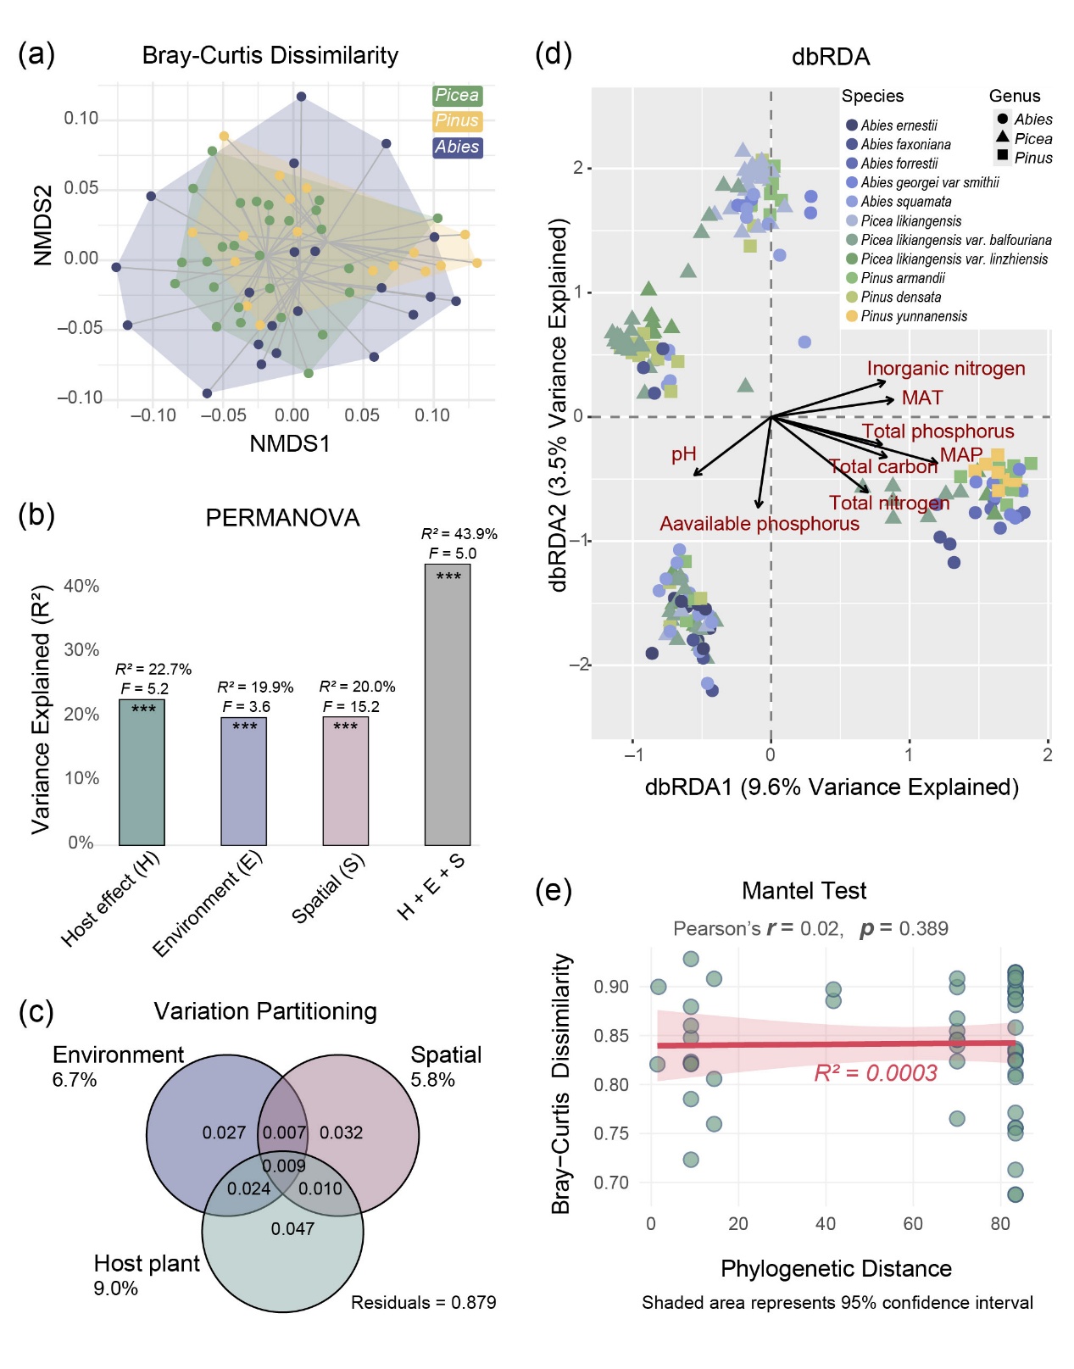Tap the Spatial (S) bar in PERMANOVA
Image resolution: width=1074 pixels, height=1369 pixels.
(x=345, y=781)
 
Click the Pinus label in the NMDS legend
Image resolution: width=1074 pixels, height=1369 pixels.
(x=457, y=121)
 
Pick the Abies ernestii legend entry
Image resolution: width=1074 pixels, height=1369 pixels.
(x=899, y=125)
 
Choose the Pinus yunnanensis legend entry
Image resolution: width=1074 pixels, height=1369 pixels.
(x=913, y=316)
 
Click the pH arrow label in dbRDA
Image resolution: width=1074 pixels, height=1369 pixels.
(x=683, y=454)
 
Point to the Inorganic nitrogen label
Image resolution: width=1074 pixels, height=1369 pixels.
(x=945, y=369)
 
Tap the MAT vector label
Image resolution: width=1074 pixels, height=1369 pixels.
(x=921, y=398)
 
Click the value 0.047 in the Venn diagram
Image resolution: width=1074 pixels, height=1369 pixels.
(x=292, y=1228)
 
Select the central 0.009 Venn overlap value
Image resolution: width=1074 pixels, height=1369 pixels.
(x=284, y=1166)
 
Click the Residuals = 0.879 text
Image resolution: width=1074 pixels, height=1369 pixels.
(x=423, y=1302)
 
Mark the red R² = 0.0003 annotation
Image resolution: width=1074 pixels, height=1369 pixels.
(x=875, y=1073)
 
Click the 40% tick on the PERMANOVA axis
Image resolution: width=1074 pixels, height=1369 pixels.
(x=81, y=586)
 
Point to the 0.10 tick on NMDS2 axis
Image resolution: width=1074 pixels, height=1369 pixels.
(x=81, y=118)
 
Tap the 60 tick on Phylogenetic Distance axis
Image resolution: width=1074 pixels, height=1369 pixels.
(x=913, y=1223)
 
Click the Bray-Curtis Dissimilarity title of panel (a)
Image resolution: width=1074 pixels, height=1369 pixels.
(x=270, y=56)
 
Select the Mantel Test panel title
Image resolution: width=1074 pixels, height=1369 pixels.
(x=804, y=891)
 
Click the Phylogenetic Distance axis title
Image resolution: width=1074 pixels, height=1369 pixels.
(x=835, y=1268)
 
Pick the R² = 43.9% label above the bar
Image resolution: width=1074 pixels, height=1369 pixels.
(x=459, y=534)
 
